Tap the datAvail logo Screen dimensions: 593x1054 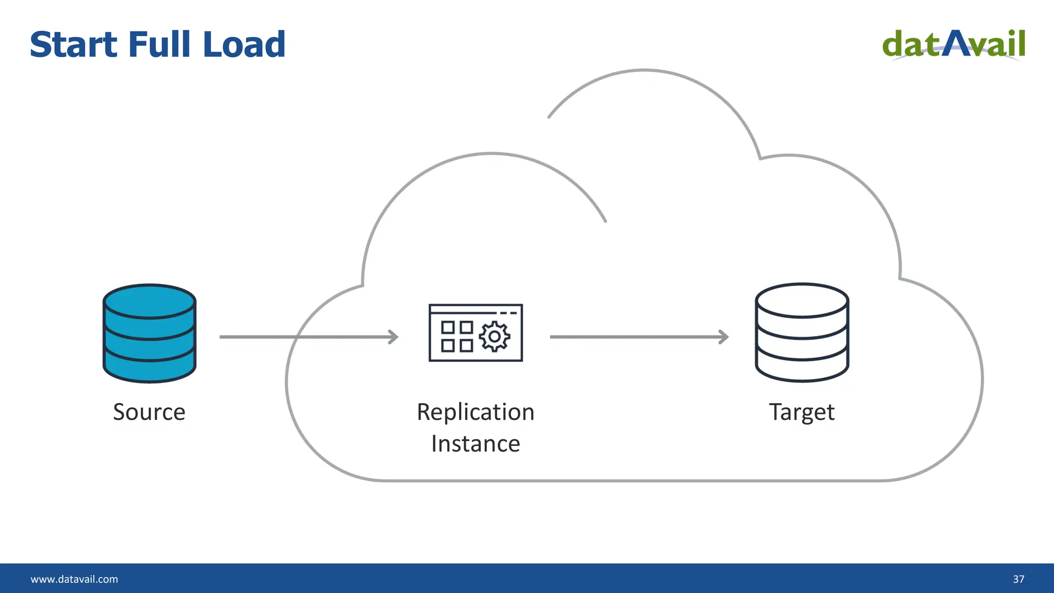(x=954, y=44)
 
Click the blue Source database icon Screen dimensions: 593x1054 (x=149, y=334)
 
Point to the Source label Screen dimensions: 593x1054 (x=149, y=412)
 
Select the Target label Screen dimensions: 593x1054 (x=802, y=412)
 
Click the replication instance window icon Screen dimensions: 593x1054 (x=476, y=333)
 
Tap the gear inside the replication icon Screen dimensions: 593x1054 (x=495, y=337)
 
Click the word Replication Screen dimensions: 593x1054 (x=476, y=412)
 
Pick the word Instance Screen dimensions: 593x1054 (x=476, y=444)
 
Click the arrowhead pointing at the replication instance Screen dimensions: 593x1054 (x=394, y=337)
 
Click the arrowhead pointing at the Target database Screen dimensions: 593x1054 (x=724, y=337)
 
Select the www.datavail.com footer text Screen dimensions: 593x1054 (x=75, y=579)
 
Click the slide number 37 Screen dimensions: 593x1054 (x=1018, y=579)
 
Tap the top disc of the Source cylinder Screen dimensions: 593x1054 (x=149, y=302)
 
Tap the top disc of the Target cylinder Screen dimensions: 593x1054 (x=802, y=301)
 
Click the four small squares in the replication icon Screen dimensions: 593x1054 (x=457, y=336)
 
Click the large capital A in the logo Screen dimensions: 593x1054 (x=956, y=43)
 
